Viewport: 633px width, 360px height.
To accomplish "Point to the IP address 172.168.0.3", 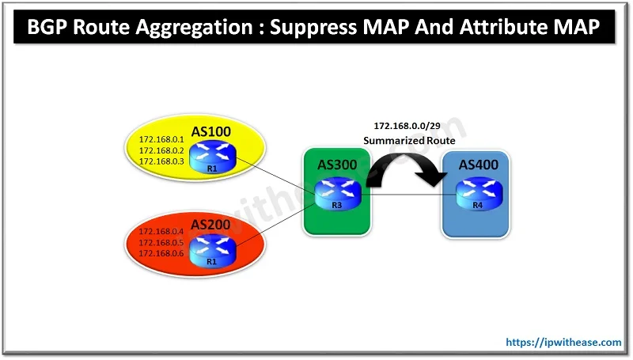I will [x=161, y=161].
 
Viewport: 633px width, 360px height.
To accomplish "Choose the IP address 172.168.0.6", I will [x=161, y=253].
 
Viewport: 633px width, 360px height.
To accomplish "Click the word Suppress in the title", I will [x=316, y=30].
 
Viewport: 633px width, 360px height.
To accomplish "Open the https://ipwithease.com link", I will [x=563, y=342].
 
